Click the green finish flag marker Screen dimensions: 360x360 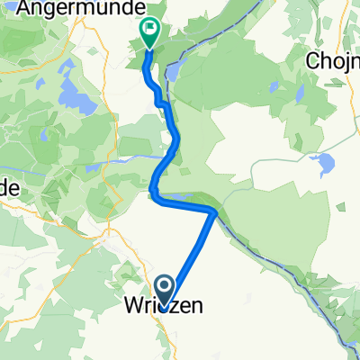(148, 35)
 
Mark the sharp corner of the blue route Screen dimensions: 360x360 (213, 211)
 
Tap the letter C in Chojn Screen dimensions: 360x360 (311, 61)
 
